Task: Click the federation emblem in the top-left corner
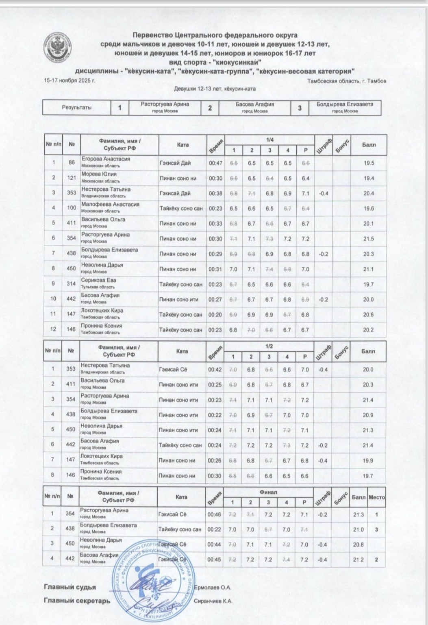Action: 59,47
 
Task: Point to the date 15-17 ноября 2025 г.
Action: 70,81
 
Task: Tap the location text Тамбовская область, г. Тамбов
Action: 347,81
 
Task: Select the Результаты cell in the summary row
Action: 76,108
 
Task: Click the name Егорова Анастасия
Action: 106,159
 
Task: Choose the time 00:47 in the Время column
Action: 215,163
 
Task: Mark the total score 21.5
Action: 369,239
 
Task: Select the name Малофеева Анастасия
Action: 110,205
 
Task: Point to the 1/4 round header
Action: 269,140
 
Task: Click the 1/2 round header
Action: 269,346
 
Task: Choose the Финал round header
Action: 268,492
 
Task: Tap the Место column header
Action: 376,497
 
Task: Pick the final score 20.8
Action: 358,544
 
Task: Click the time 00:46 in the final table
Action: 214,514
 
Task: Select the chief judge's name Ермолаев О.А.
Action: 213,588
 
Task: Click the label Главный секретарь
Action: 77,601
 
